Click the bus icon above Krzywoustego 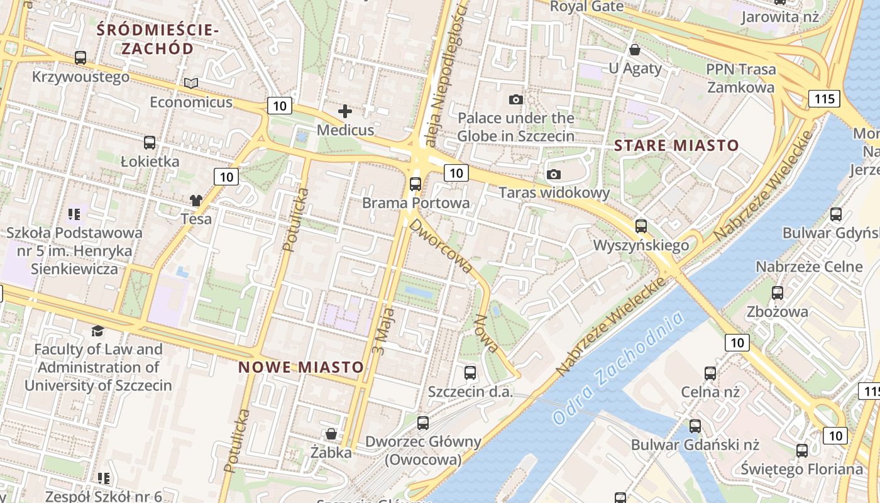80,58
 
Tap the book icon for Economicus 191,83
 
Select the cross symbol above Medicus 345,111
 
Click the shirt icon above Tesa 196,201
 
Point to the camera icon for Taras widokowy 554,174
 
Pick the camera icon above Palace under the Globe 516,99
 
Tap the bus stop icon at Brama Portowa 415,184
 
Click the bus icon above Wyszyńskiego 641,226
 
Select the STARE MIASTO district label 676,146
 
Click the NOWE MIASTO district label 301,367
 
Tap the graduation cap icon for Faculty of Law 97,331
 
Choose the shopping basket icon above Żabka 331,434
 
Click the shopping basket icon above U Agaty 635,50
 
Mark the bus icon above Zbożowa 778,293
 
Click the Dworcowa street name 441,245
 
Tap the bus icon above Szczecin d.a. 470,373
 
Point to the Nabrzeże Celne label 809,267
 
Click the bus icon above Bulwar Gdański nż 695,426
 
